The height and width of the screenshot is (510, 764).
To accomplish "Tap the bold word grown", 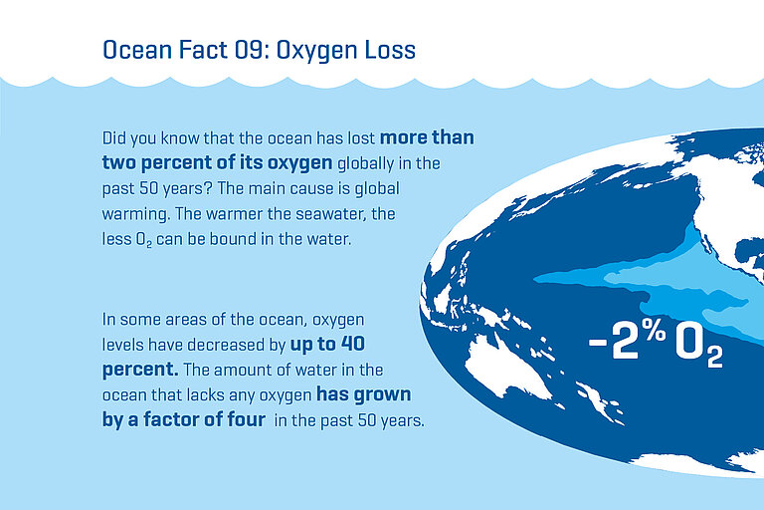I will click(x=380, y=395).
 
